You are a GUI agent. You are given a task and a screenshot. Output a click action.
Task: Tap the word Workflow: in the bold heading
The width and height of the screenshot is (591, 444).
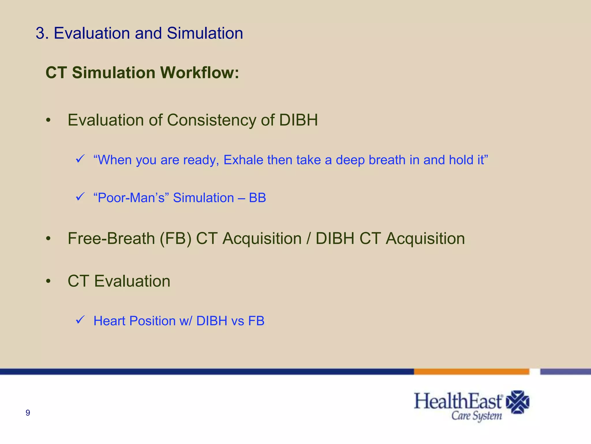[199, 73]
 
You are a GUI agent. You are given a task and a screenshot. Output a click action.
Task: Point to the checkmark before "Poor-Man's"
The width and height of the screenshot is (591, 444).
[80, 197]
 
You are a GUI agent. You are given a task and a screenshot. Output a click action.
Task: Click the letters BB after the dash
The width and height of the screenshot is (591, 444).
[257, 198]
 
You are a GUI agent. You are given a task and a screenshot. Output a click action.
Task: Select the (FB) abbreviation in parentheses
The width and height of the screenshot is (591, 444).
[175, 239]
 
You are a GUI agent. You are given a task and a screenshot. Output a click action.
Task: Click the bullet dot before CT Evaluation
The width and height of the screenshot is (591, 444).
[48, 281]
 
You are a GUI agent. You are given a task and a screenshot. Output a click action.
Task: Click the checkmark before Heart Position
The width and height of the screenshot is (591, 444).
[80, 320]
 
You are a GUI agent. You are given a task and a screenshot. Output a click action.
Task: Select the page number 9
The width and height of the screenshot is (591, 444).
[28, 413]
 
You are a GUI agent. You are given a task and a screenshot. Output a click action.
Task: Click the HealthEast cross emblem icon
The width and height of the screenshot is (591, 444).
[518, 402]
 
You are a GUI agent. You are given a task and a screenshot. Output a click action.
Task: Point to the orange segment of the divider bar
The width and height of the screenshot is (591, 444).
[471, 372]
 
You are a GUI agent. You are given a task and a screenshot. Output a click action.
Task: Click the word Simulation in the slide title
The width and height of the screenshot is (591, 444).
[205, 33]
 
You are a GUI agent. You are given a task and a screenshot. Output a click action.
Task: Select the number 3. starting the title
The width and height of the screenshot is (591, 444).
[42, 33]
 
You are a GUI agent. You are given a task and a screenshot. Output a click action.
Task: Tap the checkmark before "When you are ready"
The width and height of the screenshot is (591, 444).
[80, 159]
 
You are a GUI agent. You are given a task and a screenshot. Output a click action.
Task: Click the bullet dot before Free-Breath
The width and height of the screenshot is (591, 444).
[48, 239]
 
